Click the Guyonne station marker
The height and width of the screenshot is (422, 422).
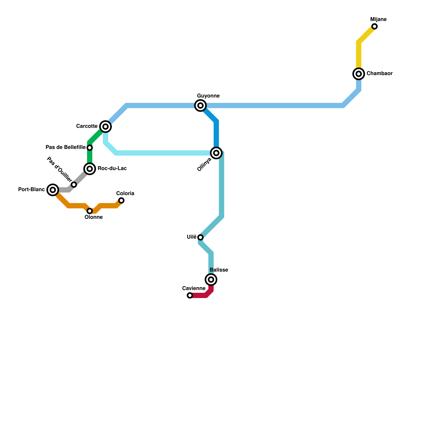(200, 105)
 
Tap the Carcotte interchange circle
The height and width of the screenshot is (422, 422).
(105, 127)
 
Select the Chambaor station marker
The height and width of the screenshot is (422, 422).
(359, 74)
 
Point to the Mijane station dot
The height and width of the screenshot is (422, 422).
(375, 26)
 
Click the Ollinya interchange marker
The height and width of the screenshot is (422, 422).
(216, 153)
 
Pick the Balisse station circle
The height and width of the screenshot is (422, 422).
(211, 280)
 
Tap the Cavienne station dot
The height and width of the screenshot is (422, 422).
(190, 295)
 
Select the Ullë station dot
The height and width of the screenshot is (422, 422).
(200, 237)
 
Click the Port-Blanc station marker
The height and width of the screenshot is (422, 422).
(53, 190)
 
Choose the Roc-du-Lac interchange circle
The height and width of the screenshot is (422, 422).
(90, 169)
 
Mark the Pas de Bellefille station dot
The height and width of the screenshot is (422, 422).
(90, 148)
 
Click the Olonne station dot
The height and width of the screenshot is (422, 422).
(90, 211)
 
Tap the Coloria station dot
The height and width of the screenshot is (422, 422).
(121, 200)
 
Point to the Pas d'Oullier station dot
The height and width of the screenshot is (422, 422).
(74, 185)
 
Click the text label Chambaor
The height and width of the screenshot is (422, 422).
(379, 74)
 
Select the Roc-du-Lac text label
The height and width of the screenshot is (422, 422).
(112, 169)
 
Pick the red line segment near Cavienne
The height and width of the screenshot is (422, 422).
(200, 295)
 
